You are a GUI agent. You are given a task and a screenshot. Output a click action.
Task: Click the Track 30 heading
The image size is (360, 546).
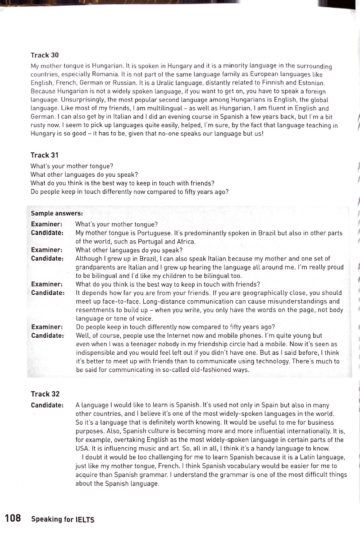pyautogui.click(x=45, y=55)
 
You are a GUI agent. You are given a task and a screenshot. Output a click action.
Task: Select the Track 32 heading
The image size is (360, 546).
pyautogui.click(x=45, y=394)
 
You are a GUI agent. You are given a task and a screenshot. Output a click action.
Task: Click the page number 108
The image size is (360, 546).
pyautogui.click(x=13, y=518)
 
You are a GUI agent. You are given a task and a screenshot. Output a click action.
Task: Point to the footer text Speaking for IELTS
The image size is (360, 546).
pyautogui.click(x=63, y=519)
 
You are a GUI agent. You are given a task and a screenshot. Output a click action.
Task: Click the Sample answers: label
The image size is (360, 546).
pyautogui.click(x=57, y=213)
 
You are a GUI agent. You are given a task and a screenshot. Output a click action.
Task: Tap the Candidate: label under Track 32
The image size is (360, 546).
pyautogui.click(x=47, y=405)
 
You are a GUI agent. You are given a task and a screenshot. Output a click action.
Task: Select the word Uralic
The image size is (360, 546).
pyautogui.click(x=174, y=83)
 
